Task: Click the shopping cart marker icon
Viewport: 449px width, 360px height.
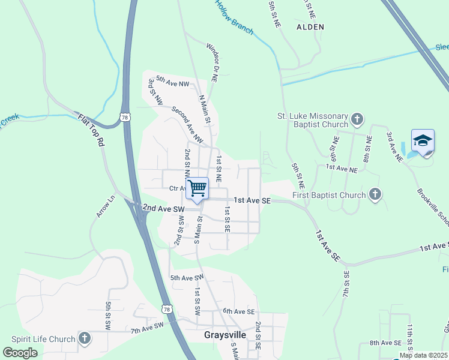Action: [x=197, y=188]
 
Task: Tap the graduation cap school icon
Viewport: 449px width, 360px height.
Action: [x=423, y=141]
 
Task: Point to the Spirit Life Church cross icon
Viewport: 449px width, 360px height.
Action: [x=84, y=338]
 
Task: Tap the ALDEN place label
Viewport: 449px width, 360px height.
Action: [x=310, y=27]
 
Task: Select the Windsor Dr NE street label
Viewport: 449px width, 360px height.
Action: [x=212, y=62]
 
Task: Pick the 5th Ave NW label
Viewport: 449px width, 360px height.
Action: [x=172, y=81]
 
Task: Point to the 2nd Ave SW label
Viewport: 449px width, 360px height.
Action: [x=163, y=208]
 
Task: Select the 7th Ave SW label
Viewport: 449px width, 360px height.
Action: [x=148, y=327]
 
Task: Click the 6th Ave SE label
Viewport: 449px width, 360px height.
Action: [x=239, y=311]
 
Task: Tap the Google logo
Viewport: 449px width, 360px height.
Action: [x=20, y=353]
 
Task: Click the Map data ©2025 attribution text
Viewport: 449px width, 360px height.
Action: [x=423, y=355]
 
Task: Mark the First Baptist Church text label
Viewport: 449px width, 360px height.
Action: [x=329, y=195]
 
